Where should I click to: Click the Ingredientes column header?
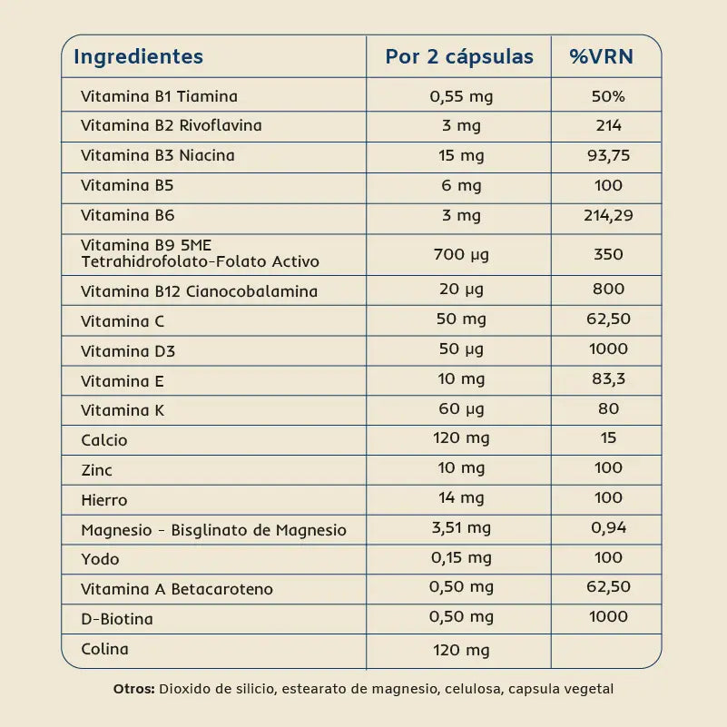(138, 56)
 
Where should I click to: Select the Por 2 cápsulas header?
(459, 56)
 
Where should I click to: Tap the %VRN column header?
(601, 56)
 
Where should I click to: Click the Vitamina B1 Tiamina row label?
(159, 96)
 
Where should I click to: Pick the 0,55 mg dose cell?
(461, 96)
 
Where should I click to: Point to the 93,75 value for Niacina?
(608, 155)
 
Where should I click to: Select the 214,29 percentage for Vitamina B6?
(608, 215)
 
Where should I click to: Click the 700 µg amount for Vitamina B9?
(461, 254)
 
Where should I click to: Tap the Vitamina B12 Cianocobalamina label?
(199, 291)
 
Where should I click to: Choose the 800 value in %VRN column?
(608, 289)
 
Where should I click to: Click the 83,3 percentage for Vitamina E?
(608, 378)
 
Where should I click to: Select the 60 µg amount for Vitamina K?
(461, 408)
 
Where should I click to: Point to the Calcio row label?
(104, 440)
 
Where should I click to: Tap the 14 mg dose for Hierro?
(461, 497)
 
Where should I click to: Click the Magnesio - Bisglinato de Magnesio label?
(213, 530)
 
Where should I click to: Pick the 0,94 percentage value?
(608, 527)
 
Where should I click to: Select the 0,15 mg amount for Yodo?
(461, 557)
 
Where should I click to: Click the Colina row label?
(104, 649)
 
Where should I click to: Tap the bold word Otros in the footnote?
(134, 689)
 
